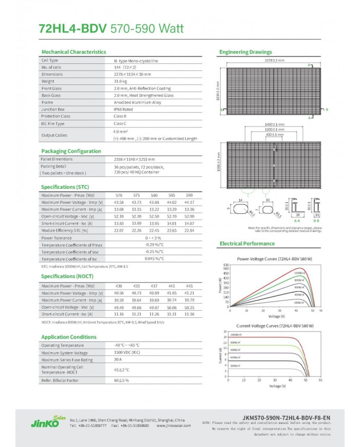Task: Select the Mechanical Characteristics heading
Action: coord(74,52)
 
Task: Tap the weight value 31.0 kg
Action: coord(120,81)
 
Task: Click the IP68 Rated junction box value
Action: coord(124,109)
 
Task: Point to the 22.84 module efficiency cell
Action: coord(189,230)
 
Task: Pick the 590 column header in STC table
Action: coord(189,195)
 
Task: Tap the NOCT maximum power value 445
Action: coord(189,285)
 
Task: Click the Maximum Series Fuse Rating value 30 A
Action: coord(119,360)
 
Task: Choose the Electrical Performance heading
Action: coord(247,243)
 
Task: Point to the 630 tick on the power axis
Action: coord(226,265)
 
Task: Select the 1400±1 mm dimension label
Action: coord(275,124)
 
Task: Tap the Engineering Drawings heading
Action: coord(246,52)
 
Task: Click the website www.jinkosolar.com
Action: coord(173,426)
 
